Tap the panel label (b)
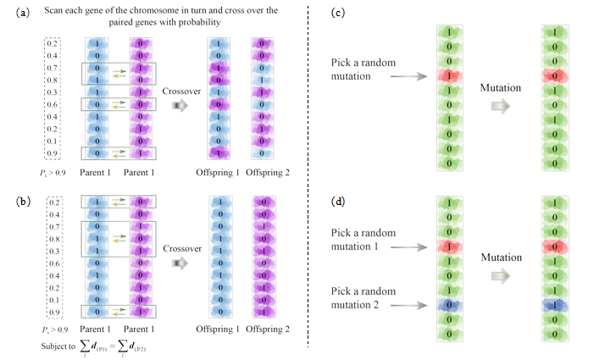pyautogui.click(x=24, y=201)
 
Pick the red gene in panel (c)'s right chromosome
pyautogui.click(x=554, y=76)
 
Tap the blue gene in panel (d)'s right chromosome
pyautogui.click(x=554, y=303)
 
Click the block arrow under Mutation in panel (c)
pyautogui.click(x=499, y=107)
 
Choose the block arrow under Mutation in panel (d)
pyautogui.click(x=499, y=274)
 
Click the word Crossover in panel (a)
pyautogui.click(x=181, y=86)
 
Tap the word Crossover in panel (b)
pyautogui.click(x=181, y=248)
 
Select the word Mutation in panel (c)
pyautogui.click(x=499, y=87)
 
